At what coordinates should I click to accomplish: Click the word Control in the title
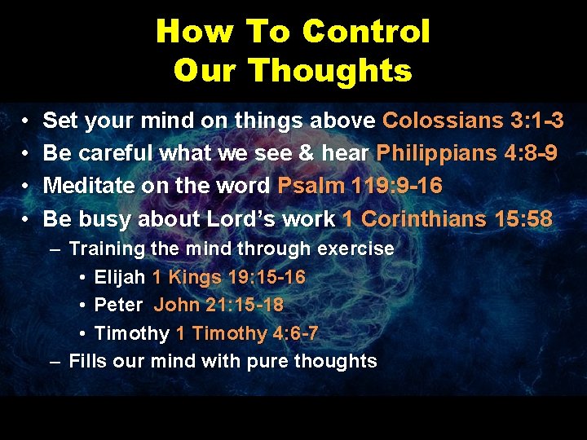tap(365, 32)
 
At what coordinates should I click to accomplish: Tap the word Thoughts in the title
tap(331, 71)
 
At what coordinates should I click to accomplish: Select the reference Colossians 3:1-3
tap(473, 121)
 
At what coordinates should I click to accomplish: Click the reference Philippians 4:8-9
tap(466, 153)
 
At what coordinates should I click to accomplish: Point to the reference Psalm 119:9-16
tap(360, 186)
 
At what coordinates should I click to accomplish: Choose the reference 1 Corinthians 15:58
tap(447, 218)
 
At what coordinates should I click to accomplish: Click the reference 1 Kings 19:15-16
tap(228, 277)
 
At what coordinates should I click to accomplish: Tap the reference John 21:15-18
tap(218, 306)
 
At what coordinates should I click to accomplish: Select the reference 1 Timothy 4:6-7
tap(246, 333)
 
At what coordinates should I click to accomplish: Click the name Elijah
tap(120, 277)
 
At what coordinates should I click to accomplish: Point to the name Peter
tap(117, 306)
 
